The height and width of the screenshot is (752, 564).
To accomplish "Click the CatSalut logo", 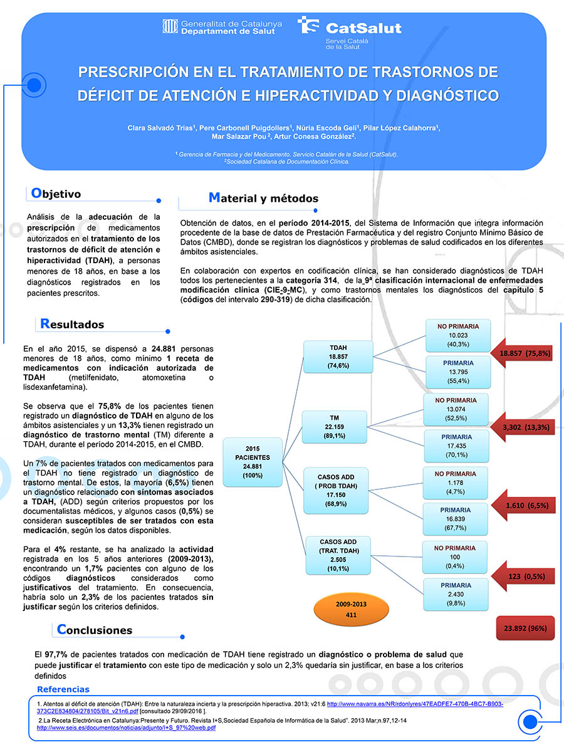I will [350, 30].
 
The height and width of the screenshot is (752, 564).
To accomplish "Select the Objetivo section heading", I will [56, 194].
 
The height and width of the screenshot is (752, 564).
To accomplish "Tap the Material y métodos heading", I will [263, 198].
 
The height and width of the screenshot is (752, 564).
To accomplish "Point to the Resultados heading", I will [71, 324].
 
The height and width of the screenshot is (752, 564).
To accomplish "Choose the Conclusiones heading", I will [94, 629].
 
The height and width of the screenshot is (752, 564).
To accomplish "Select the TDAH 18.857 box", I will [338, 357].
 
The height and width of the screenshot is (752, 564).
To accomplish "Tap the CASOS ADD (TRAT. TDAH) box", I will [337, 555].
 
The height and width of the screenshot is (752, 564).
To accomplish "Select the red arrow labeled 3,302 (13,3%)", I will [521, 427].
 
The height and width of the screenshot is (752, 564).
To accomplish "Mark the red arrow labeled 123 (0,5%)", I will [521, 575].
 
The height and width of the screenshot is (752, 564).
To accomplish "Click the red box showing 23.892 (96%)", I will [525, 628].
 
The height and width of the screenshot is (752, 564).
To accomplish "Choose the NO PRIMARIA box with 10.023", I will [458, 335].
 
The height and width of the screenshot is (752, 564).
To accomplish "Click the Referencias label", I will [63, 689].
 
